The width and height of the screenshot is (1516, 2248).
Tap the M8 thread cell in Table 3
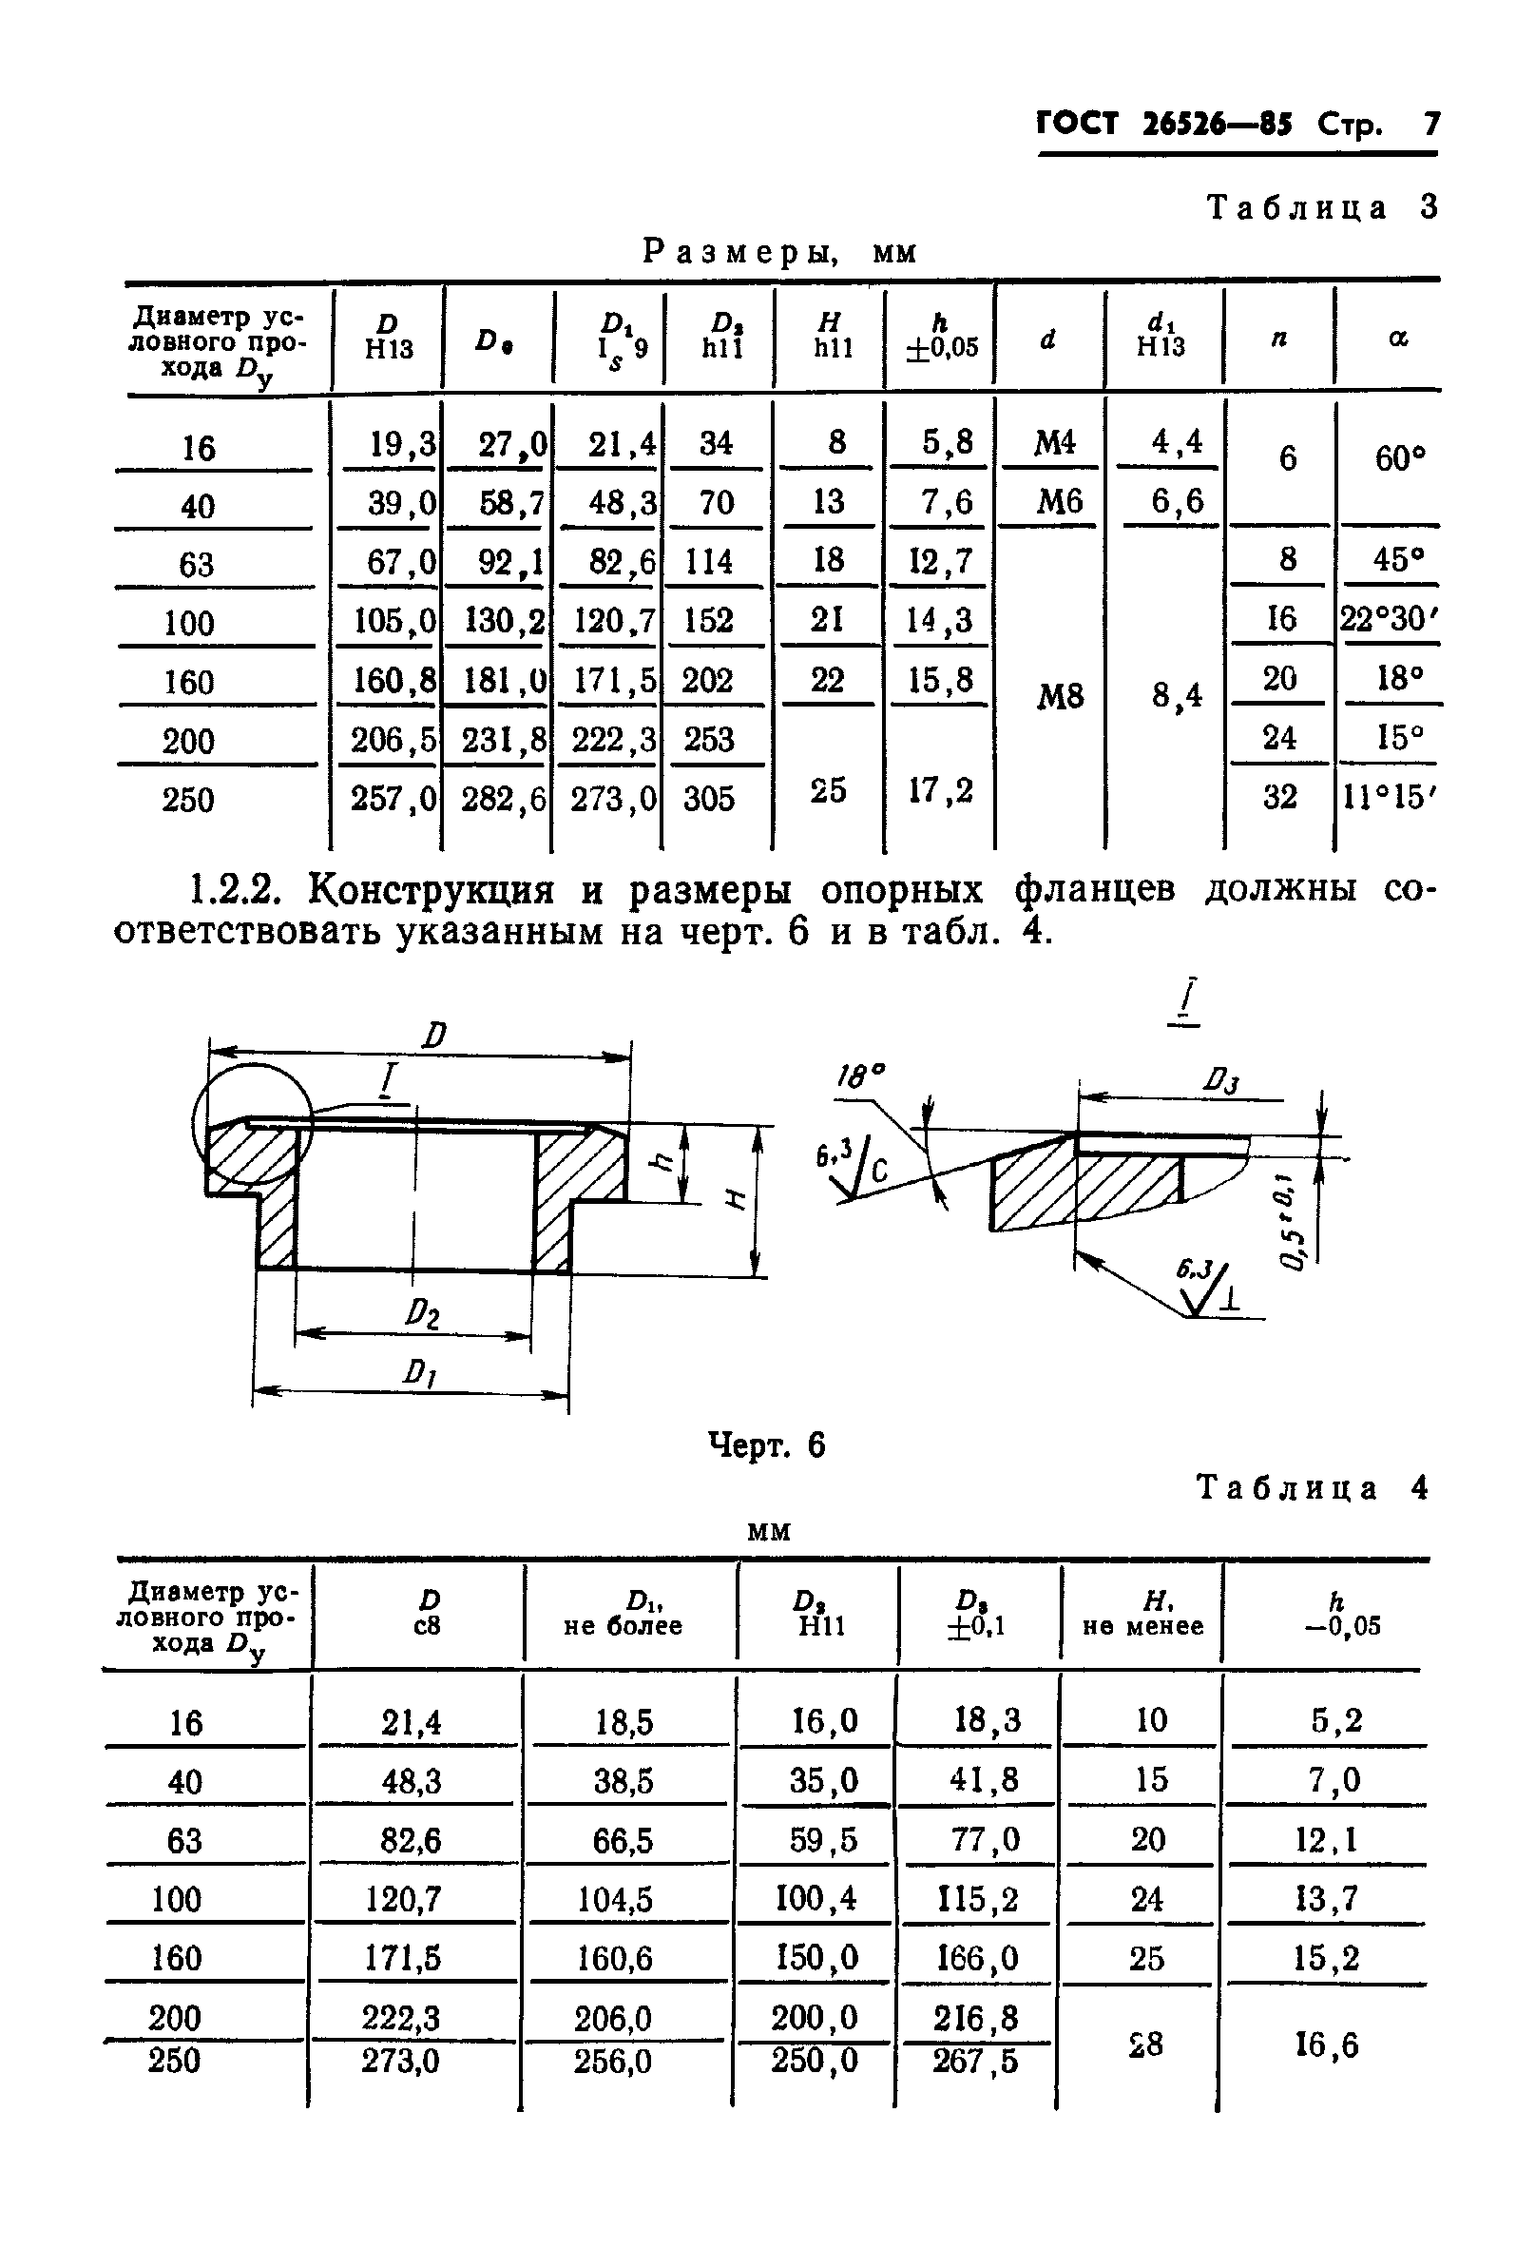(x=1060, y=695)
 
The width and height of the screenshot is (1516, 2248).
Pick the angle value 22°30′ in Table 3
(x=1389, y=619)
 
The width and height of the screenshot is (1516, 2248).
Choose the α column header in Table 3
(x=1398, y=339)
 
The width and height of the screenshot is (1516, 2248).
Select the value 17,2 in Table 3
(x=940, y=790)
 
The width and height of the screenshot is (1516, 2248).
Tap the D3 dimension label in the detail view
(x=1220, y=1079)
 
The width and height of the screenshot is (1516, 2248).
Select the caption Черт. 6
(x=767, y=1445)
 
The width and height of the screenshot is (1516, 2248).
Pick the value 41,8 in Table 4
(x=985, y=1779)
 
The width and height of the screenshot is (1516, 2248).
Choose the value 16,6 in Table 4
(x=1327, y=2044)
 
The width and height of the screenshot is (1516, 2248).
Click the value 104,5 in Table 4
(x=622, y=1900)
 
